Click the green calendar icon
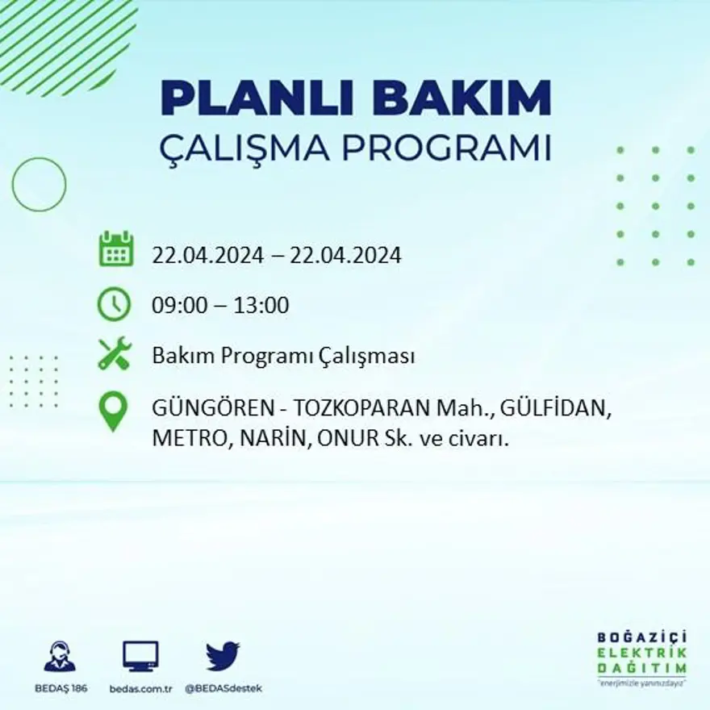(x=115, y=249)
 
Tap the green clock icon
(x=114, y=304)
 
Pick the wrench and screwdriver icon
(x=115, y=354)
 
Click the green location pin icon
(x=113, y=411)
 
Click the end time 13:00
(x=261, y=306)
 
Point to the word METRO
(x=189, y=440)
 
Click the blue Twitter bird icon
(x=223, y=656)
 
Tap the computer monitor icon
(x=140, y=657)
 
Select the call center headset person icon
(x=60, y=657)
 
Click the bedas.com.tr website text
(x=140, y=688)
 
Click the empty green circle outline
(x=39, y=185)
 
